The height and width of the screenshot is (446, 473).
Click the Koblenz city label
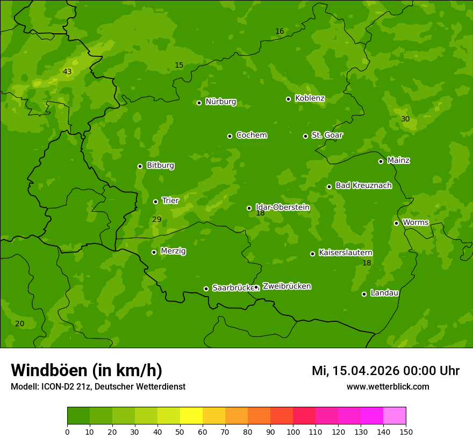310,98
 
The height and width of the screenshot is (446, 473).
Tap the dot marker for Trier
156,202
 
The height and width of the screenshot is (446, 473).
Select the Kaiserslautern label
346,253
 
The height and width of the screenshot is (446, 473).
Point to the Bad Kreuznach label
363,185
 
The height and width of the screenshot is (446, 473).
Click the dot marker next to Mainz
381,161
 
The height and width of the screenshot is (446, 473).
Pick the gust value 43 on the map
67,71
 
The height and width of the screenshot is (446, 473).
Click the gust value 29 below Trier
157,219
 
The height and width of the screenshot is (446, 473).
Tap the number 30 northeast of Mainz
405,119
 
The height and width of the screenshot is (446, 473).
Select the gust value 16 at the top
279,31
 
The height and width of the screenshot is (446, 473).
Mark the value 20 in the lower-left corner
19,323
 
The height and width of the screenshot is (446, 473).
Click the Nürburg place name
220,102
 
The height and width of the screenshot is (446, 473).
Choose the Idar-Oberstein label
282,207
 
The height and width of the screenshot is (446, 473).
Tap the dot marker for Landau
364,294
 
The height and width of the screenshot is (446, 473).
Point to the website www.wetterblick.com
388,386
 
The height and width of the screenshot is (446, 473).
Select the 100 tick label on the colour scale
293,431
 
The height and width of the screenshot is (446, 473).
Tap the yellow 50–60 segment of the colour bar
191,416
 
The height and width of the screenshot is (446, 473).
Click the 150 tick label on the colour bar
406,431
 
